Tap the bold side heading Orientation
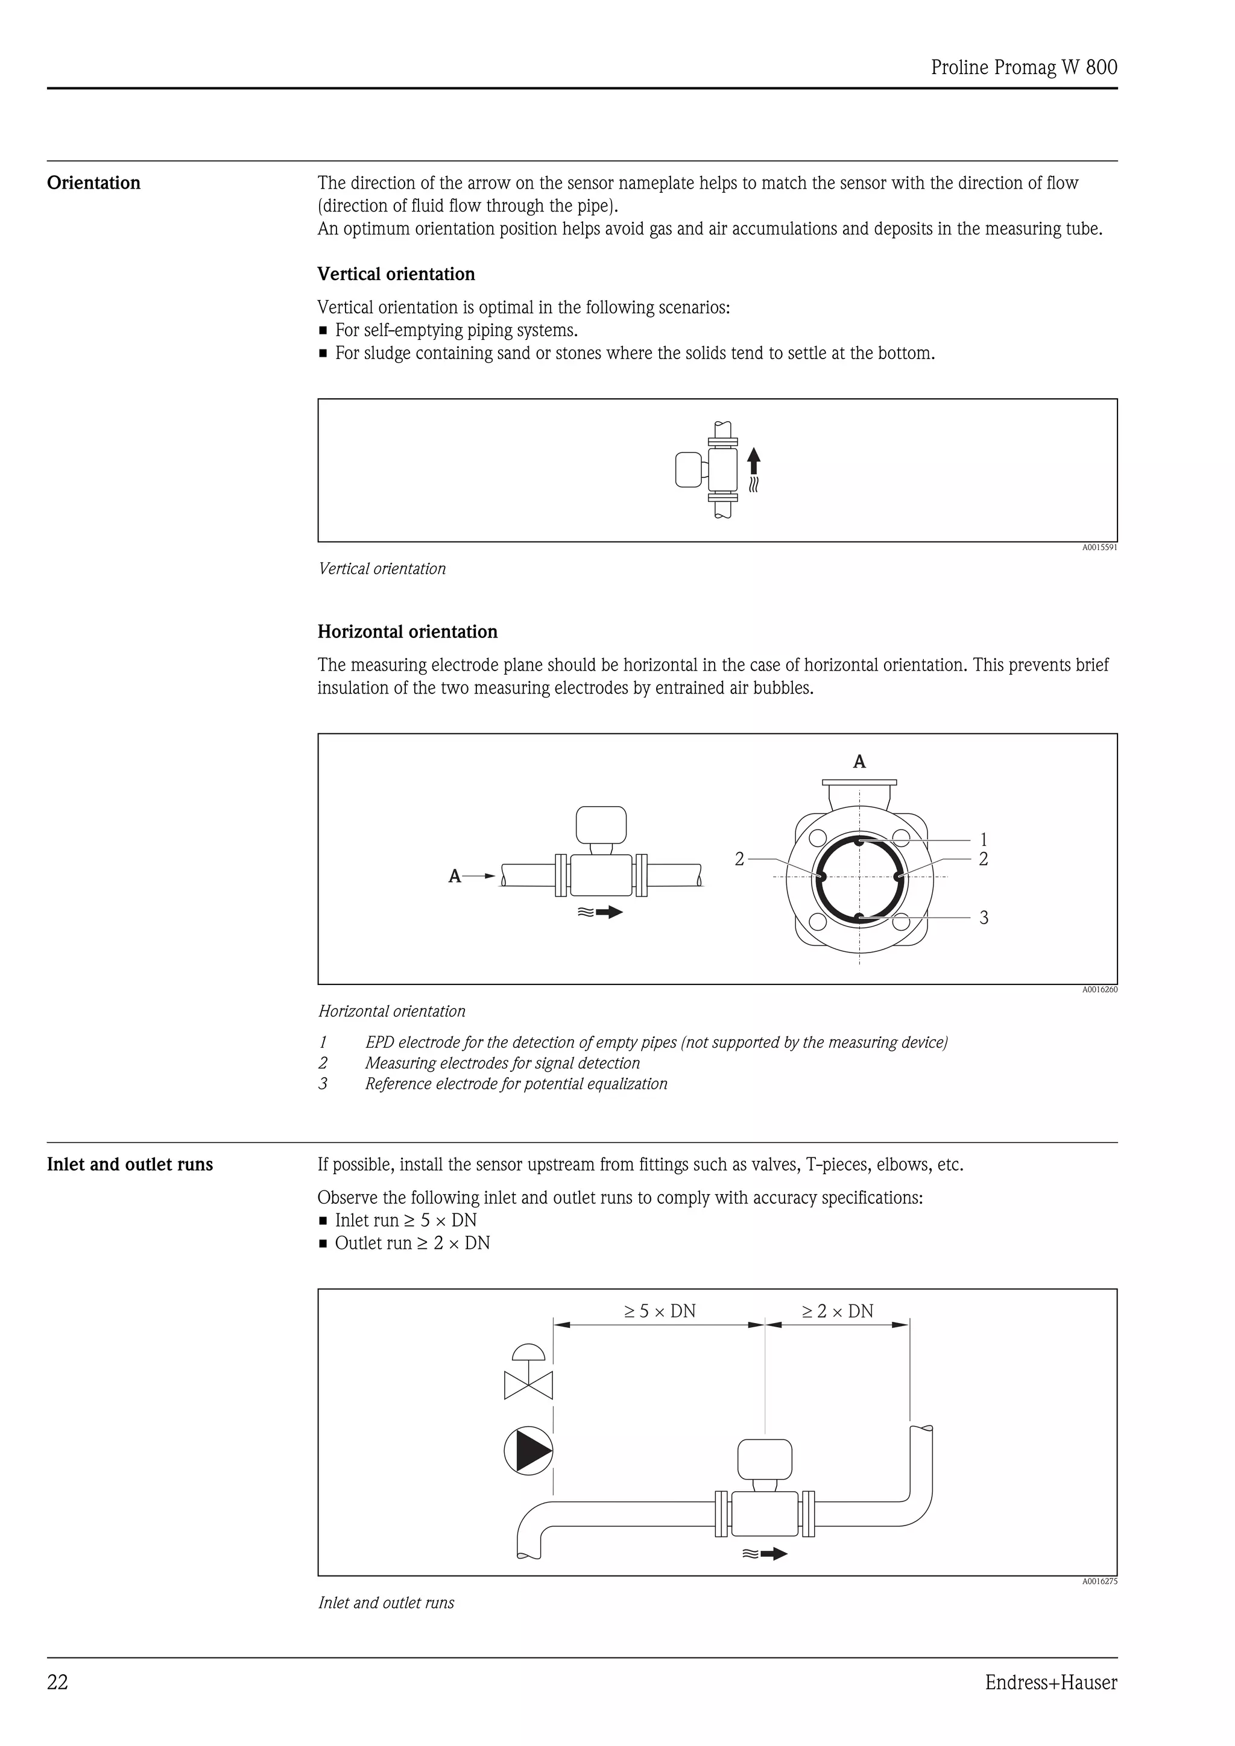tap(93, 183)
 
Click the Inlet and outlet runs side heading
tap(130, 1164)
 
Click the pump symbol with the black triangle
tap(528, 1451)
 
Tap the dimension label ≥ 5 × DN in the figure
tap(660, 1311)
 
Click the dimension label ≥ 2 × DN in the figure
tap(837, 1311)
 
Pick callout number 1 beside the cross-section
tap(983, 839)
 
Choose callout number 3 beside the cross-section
tap(983, 918)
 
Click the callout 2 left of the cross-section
tap(739, 859)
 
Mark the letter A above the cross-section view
tap(859, 761)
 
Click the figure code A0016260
tap(1099, 989)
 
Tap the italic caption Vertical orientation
tap(382, 569)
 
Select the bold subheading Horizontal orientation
tap(407, 631)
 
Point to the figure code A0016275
tap(1099, 1581)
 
